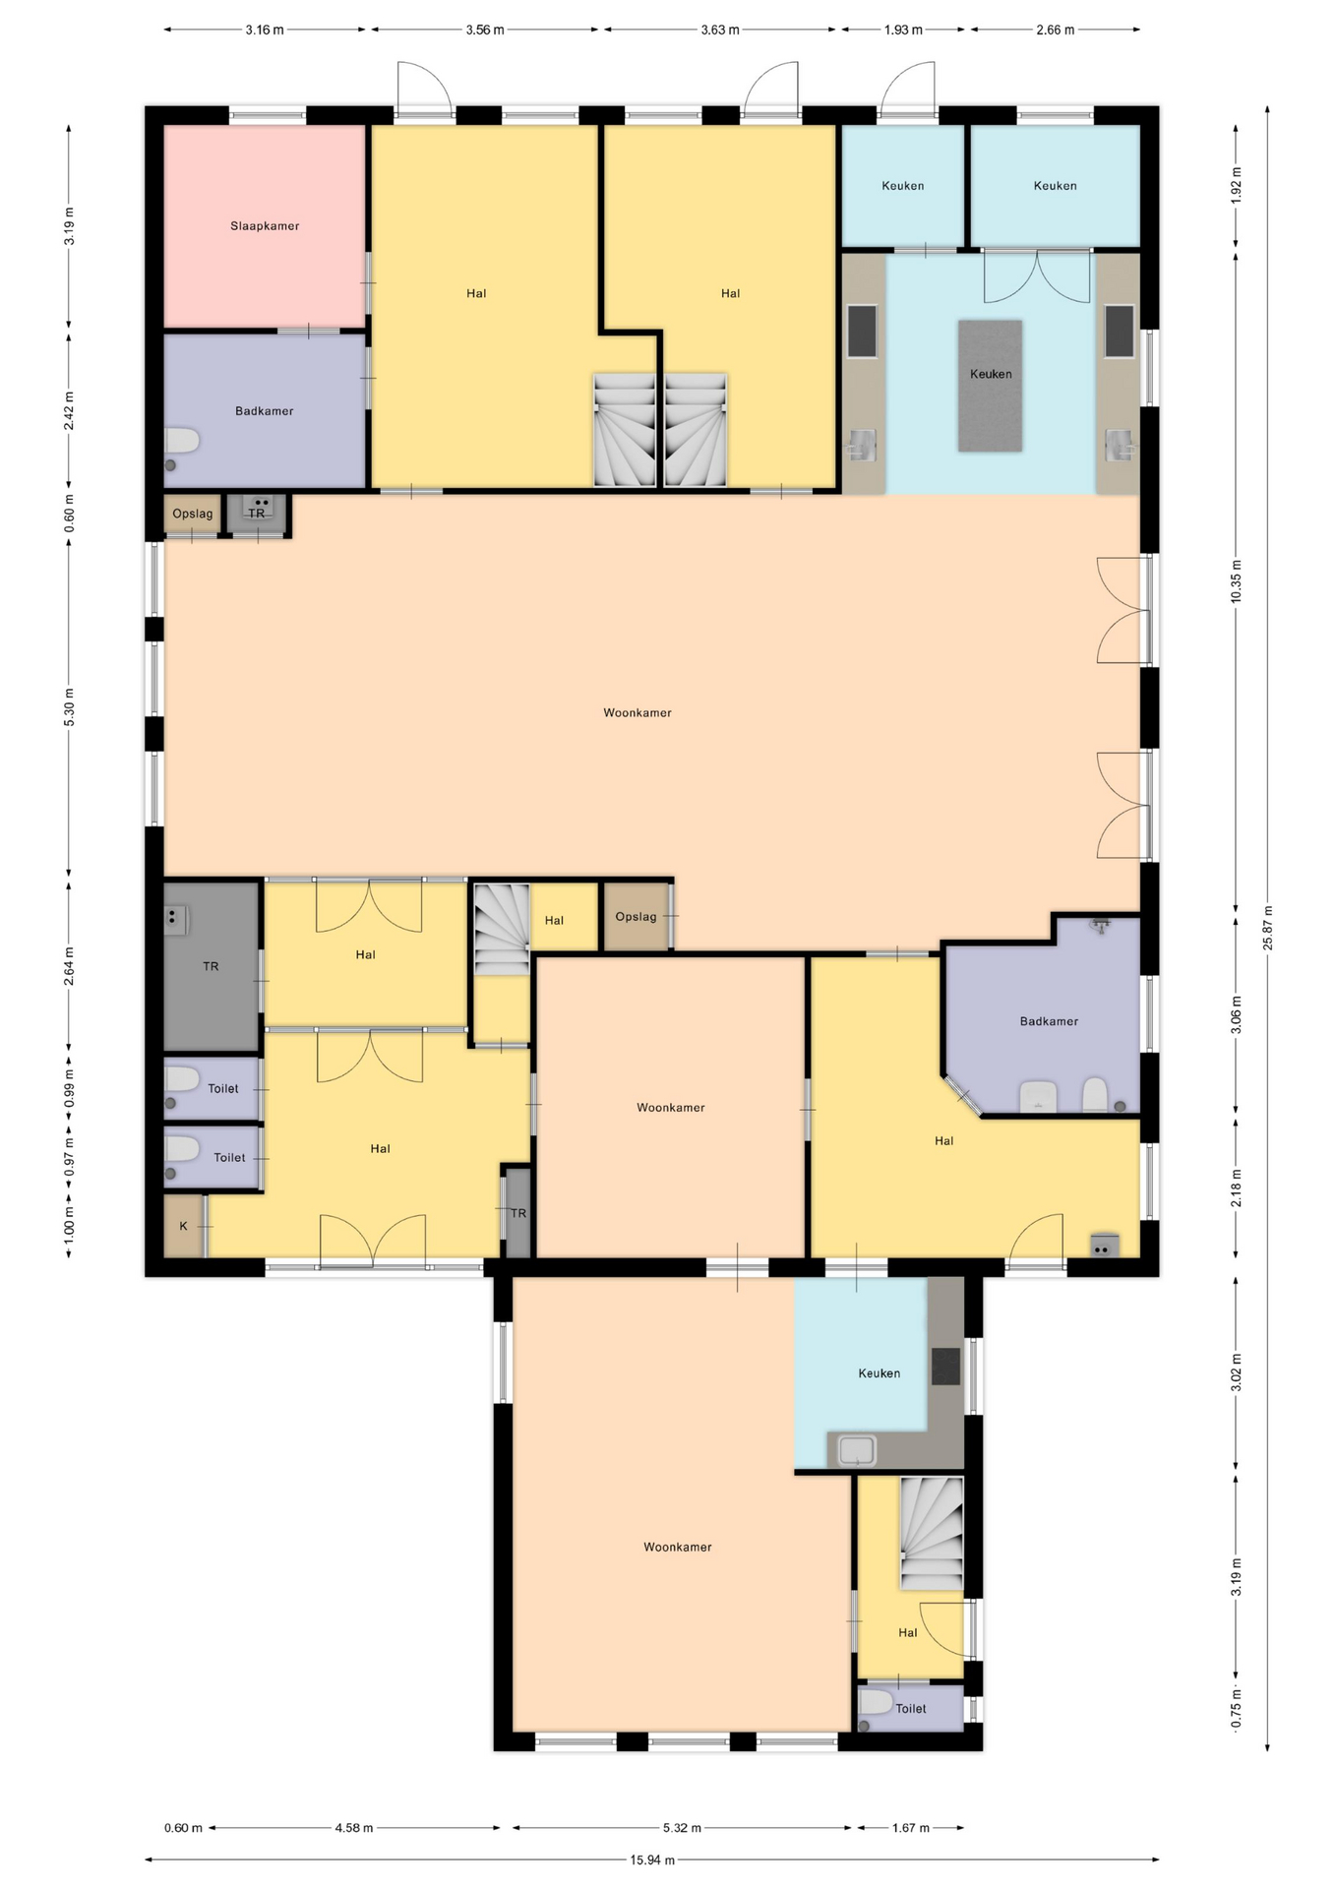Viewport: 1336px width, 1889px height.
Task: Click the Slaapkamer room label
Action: tap(265, 225)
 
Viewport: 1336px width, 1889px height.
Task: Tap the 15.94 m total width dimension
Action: tap(652, 1859)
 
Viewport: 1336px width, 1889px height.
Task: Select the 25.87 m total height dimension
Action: tap(1268, 928)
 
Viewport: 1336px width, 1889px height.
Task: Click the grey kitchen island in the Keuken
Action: tap(991, 386)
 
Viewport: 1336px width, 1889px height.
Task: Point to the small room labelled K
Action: tap(184, 1226)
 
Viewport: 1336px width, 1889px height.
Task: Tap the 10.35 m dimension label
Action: tap(1237, 581)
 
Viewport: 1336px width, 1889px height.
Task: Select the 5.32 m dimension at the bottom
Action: tap(682, 1827)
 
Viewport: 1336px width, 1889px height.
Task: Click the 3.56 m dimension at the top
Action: tap(485, 30)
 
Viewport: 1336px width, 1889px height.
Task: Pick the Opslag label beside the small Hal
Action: tap(636, 916)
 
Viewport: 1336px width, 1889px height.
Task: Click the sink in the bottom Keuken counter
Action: tap(857, 1449)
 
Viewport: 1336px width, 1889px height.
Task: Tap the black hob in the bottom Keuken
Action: tap(945, 1366)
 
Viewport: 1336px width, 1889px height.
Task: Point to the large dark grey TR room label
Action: tap(211, 966)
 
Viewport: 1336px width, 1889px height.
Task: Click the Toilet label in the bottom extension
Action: tap(911, 1708)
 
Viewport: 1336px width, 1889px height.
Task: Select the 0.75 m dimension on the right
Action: tap(1237, 1707)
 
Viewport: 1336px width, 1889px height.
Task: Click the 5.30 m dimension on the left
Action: tap(69, 707)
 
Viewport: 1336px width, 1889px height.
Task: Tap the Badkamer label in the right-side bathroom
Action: tap(1049, 1021)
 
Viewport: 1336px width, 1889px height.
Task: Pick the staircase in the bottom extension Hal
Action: tap(932, 1532)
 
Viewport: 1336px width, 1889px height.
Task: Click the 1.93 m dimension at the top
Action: tap(903, 30)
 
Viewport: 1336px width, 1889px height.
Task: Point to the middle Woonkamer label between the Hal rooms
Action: tap(671, 1107)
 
